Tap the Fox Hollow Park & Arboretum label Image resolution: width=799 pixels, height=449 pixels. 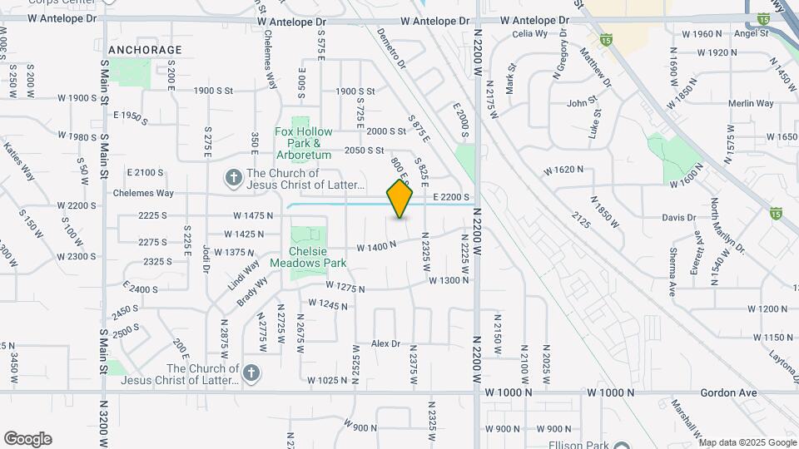point(304,143)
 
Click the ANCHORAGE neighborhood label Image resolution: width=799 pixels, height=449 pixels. point(145,50)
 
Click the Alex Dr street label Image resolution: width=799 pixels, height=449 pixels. point(386,343)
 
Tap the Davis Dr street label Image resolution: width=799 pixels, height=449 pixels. point(678,218)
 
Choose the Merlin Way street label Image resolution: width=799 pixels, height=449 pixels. point(751,104)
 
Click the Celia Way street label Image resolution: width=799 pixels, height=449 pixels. point(530,34)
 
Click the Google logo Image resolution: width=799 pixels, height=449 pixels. point(27,439)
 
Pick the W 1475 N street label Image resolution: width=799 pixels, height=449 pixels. point(254,215)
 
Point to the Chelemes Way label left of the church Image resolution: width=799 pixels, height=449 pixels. point(144,193)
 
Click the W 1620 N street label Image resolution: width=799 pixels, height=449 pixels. point(565,170)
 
